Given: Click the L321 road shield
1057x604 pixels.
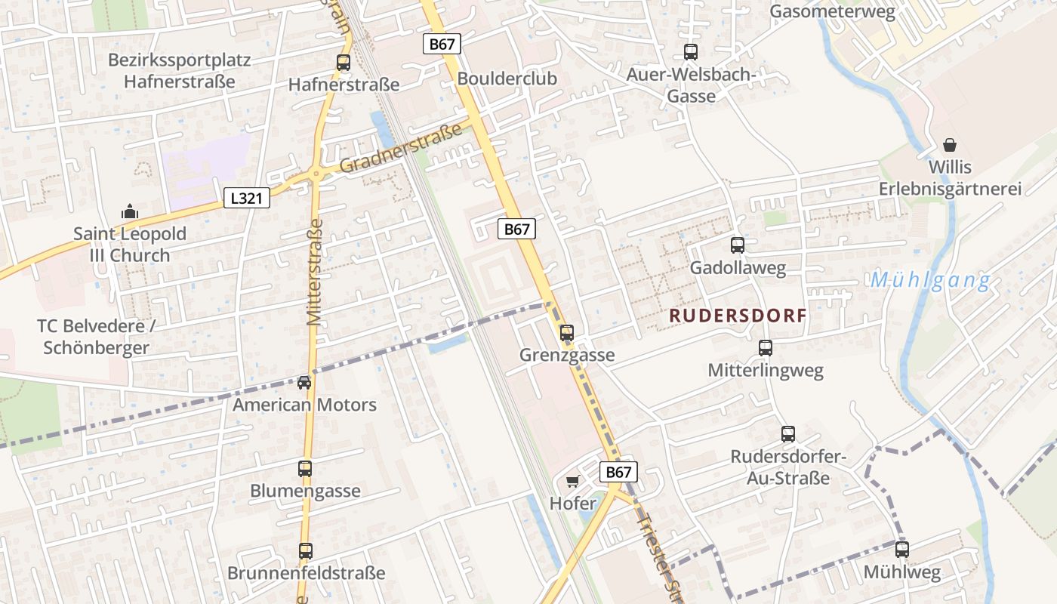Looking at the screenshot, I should pos(247,199).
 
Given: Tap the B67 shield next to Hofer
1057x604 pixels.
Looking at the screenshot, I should pos(618,473).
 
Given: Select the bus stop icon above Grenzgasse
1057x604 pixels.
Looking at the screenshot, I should pos(567,332).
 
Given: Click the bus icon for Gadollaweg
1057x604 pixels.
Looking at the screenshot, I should pos(738,245).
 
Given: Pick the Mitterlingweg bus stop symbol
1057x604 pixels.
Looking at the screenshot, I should pos(766,348).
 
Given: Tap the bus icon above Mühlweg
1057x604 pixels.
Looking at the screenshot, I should pos(902,550).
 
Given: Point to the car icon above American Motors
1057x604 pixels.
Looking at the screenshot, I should pos(304,383).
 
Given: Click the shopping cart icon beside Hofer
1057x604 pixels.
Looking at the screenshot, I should pos(572,481).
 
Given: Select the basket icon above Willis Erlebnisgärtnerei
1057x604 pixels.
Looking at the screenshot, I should pos(950,144).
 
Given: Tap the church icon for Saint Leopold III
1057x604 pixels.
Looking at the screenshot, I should pos(130,211).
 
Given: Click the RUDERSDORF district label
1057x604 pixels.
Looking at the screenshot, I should pos(738,316).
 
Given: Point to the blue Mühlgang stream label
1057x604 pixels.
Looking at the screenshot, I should pos(930,281).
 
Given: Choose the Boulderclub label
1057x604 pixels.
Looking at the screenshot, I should pos(507,79).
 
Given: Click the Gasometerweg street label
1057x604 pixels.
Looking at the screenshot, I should pos(832,11).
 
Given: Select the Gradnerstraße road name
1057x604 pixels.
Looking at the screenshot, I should pos(401,148).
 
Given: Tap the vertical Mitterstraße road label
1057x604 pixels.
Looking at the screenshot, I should pos(315,272).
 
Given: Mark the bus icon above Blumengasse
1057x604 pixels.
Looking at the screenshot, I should pos(305,469).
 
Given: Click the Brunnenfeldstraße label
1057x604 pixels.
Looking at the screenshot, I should pos(307,573).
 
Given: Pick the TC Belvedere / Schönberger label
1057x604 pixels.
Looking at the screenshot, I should pos(96,337).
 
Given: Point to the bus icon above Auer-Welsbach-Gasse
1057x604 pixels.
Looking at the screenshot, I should pos(691,52).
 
